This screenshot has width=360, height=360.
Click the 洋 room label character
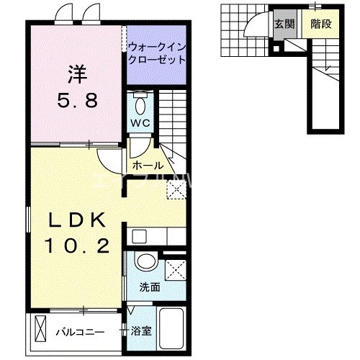click(x=76, y=73)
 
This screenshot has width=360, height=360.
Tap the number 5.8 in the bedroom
click(x=76, y=101)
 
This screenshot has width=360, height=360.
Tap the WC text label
click(x=141, y=122)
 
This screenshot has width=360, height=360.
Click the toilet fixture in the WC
click(x=141, y=102)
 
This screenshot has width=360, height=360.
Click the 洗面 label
click(x=150, y=287)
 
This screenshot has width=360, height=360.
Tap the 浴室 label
click(x=141, y=332)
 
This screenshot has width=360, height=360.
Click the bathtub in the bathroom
click(x=171, y=328)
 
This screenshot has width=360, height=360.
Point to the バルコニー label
click(x=81, y=332)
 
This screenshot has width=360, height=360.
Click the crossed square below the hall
click(x=174, y=189)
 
